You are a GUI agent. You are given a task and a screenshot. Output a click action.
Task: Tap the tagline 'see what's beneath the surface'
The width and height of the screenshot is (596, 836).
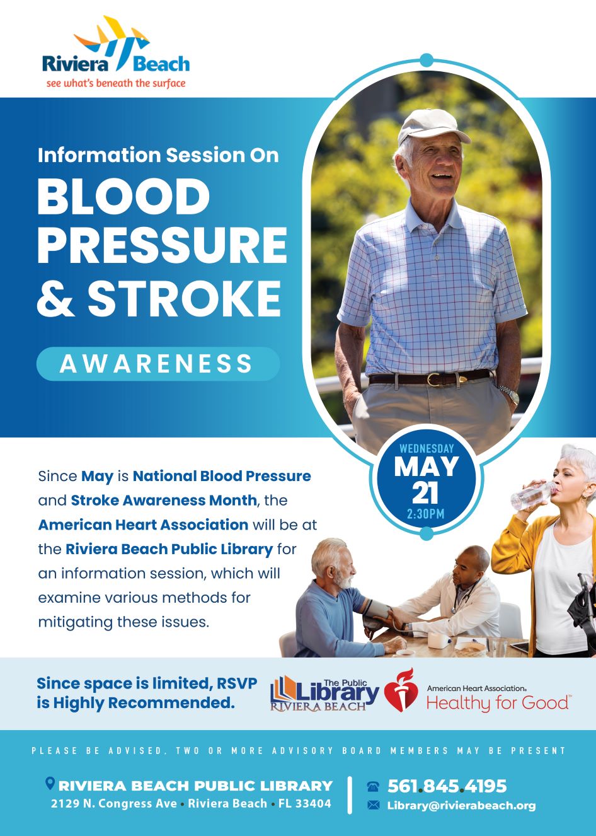click(116, 83)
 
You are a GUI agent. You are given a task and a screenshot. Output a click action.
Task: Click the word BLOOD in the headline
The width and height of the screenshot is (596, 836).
click(123, 196)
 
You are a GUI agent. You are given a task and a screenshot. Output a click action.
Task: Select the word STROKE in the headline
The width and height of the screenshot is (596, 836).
click(184, 299)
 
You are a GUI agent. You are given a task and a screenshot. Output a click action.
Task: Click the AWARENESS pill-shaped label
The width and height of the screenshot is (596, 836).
click(158, 364)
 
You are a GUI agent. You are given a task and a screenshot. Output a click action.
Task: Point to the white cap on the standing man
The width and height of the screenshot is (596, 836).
click(433, 126)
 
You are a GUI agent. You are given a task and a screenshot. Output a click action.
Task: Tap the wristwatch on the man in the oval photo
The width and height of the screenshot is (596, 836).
click(510, 395)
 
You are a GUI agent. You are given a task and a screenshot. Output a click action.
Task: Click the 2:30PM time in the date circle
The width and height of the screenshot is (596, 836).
click(426, 514)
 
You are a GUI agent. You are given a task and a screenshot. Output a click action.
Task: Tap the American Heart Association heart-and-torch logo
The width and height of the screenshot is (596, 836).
click(401, 690)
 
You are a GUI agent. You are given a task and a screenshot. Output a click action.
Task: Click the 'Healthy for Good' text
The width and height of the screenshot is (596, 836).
click(498, 703)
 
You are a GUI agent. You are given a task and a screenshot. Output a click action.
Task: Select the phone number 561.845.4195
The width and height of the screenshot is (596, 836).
click(447, 786)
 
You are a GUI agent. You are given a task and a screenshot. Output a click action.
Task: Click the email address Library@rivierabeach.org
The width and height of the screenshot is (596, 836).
click(461, 805)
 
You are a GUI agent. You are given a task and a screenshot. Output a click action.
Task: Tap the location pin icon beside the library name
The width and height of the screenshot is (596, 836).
click(50, 783)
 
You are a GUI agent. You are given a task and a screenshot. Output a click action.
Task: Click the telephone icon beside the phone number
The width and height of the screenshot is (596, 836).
click(373, 786)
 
